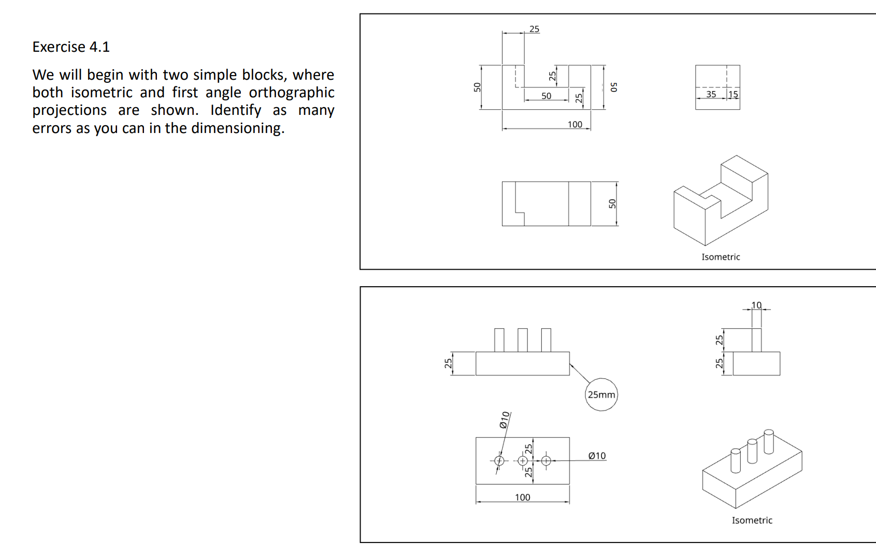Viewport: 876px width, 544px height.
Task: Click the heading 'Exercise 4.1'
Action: pos(71,47)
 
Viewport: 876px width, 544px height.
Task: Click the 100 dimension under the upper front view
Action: pos(575,124)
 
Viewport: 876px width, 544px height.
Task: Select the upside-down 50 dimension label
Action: pos(614,87)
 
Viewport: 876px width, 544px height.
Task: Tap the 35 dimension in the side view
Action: pos(711,94)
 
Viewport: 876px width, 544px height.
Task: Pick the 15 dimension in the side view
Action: pos(733,94)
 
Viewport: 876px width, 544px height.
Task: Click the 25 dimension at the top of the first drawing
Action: pos(534,29)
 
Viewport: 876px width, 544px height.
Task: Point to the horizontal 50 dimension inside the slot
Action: pos(546,96)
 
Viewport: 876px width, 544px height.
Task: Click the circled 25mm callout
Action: pos(601,394)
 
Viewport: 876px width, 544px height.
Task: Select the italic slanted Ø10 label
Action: pos(505,420)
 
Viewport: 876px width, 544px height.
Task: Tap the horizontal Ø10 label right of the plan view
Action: pos(597,455)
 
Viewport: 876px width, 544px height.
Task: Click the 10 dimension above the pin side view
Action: pos(756,305)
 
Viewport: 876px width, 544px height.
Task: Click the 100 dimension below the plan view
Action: pos(522,497)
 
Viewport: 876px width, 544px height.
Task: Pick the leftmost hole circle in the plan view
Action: pos(499,461)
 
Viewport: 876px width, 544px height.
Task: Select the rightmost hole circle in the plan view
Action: pos(546,461)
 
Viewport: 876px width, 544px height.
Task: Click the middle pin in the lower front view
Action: pos(522,340)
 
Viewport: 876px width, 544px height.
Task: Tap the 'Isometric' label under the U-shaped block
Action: pos(721,257)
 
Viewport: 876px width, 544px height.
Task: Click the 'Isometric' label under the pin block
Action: pos(752,520)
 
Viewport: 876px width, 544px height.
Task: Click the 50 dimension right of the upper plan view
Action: pos(612,203)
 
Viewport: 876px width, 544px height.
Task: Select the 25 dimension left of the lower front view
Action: pos(448,363)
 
